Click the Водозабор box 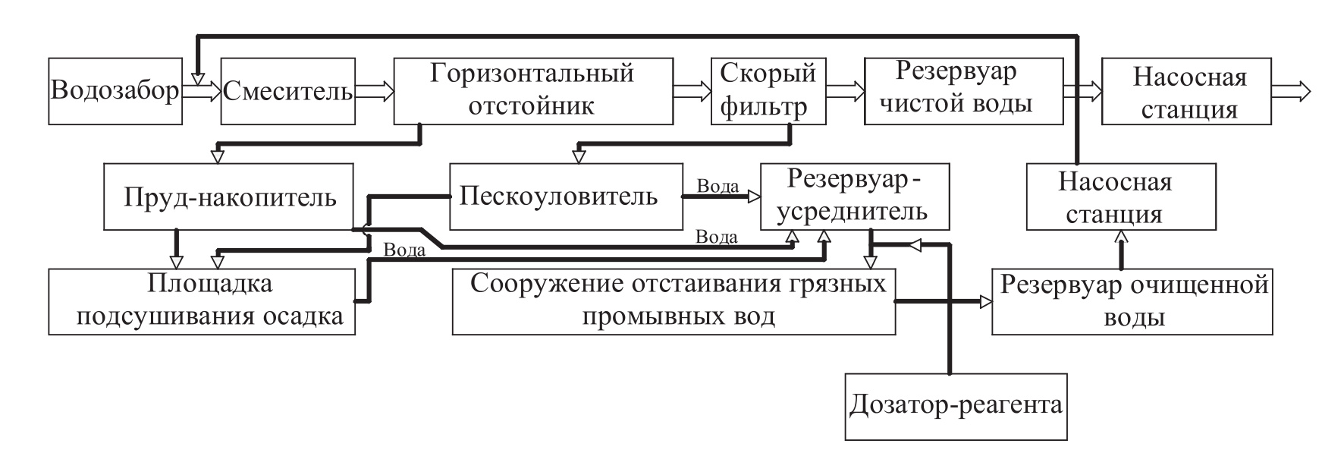[x=115, y=91]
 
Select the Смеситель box [x=287, y=91]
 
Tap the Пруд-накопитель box [x=229, y=197]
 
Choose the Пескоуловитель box [x=565, y=197]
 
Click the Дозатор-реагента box [x=956, y=406]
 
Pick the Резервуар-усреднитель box [x=856, y=196]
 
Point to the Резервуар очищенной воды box [x=1132, y=301]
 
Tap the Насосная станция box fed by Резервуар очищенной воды [x=1120, y=197]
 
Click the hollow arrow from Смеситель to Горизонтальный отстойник [x=375, y=92]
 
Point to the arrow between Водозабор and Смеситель [x=202, y=92]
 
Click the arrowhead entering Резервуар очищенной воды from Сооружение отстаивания [x=985, y=301]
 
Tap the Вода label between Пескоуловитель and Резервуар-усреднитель [x=718, y=186]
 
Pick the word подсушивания [x=170, y=316]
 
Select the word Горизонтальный [x=532, y=74]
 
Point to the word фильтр [x=763, y=107]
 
